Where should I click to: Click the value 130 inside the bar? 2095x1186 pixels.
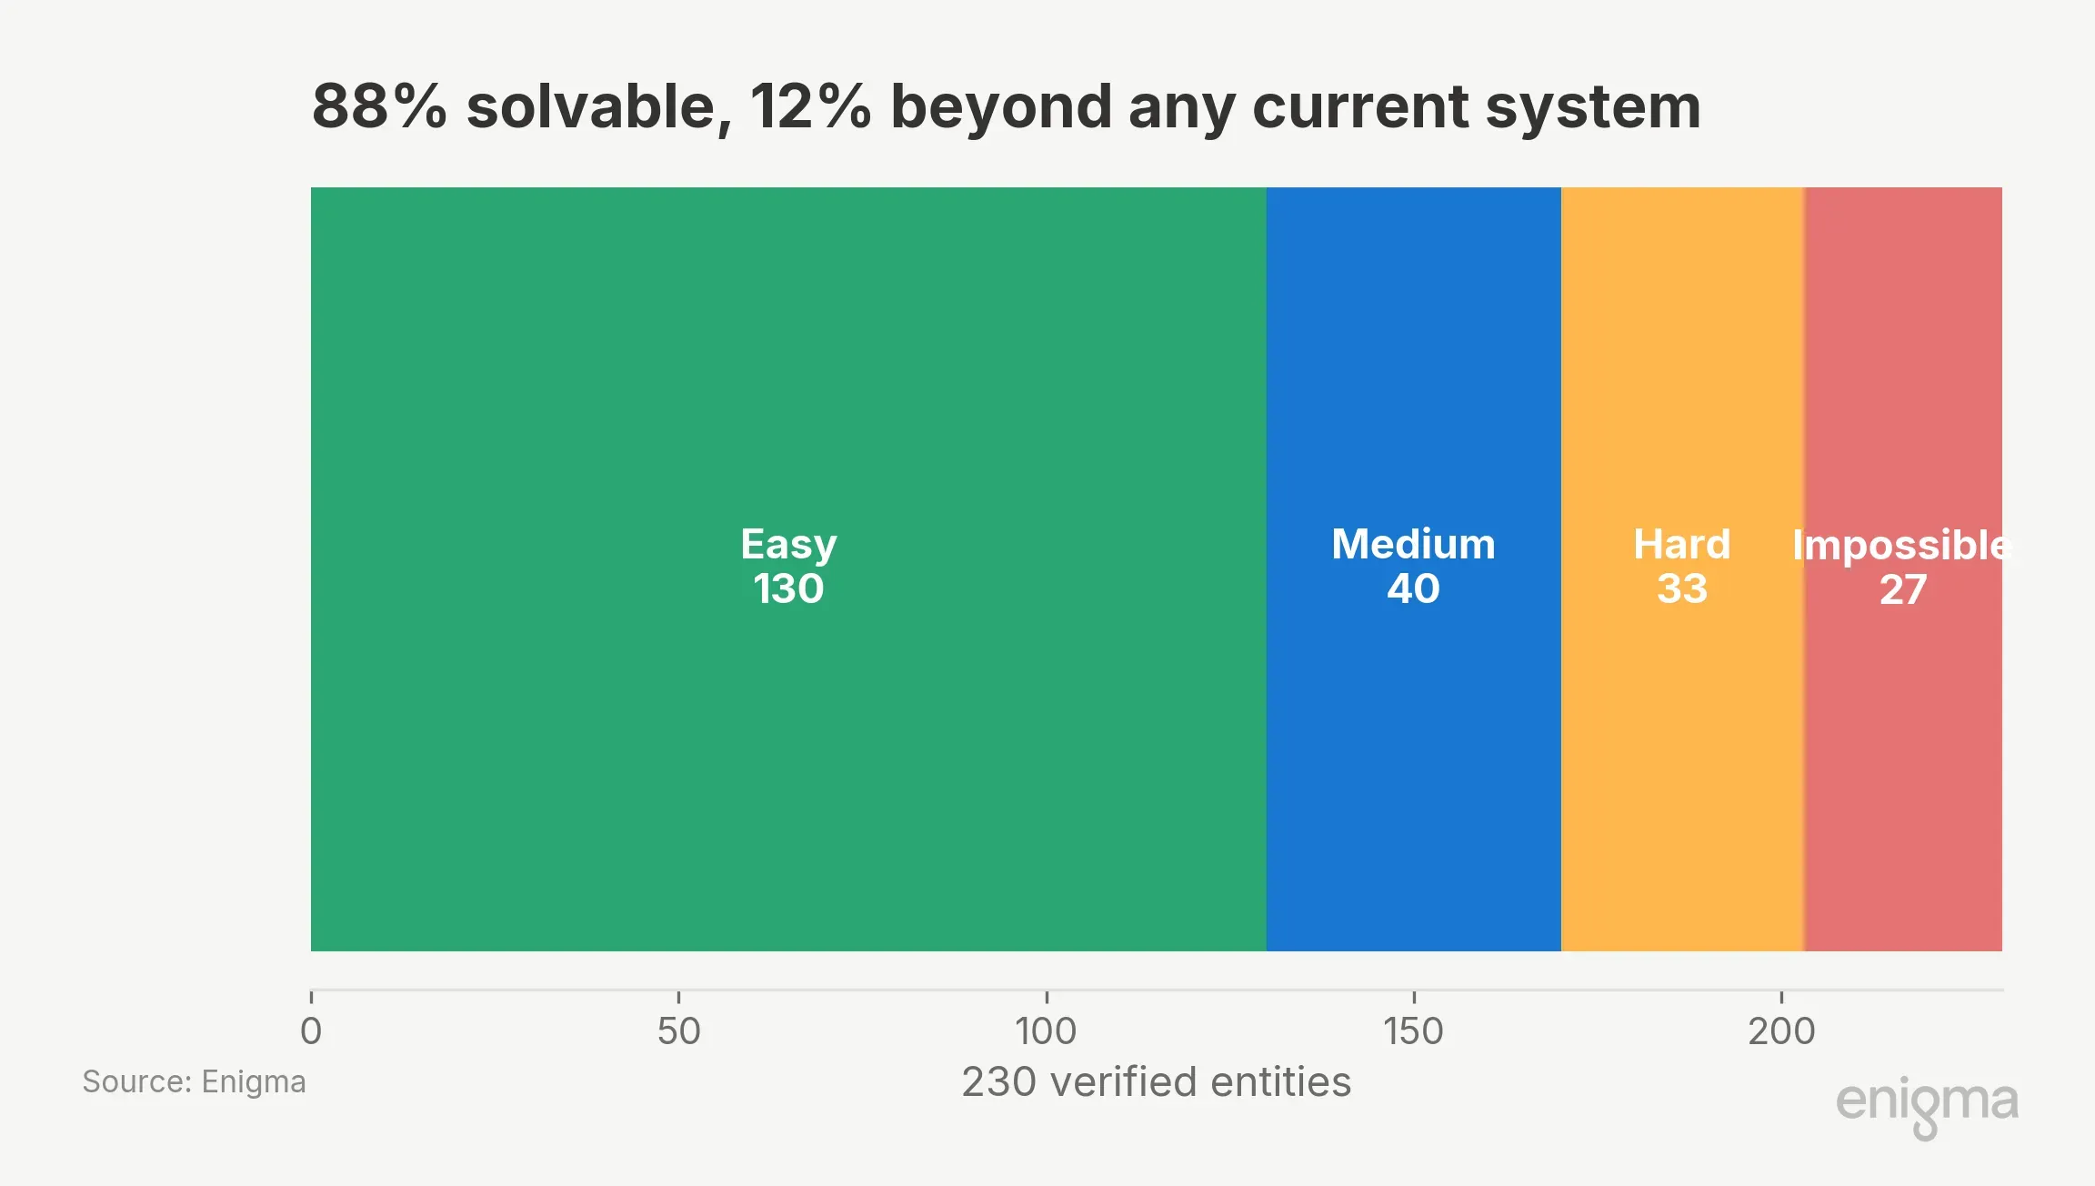pos(788,588)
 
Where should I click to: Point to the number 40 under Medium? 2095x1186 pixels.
pos(1413,588)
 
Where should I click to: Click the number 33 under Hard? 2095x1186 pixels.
pos(1682,588)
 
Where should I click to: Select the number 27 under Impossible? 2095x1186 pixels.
pos(1903,589)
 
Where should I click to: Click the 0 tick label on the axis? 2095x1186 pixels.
pos(311,1031)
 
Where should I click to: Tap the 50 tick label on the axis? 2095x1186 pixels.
pos(678,1031)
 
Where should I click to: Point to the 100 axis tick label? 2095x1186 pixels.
pos(1046,1031)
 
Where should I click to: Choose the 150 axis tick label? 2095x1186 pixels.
pos(1413,1031)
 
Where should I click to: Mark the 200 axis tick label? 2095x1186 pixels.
pos(1781,1031)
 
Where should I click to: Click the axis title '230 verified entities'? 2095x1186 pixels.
pos(1157,1082)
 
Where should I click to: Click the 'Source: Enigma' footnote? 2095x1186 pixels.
pos(194,1081)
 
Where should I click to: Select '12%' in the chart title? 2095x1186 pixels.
pos(810,106)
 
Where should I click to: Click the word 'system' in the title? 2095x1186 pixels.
pos(1592,108)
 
